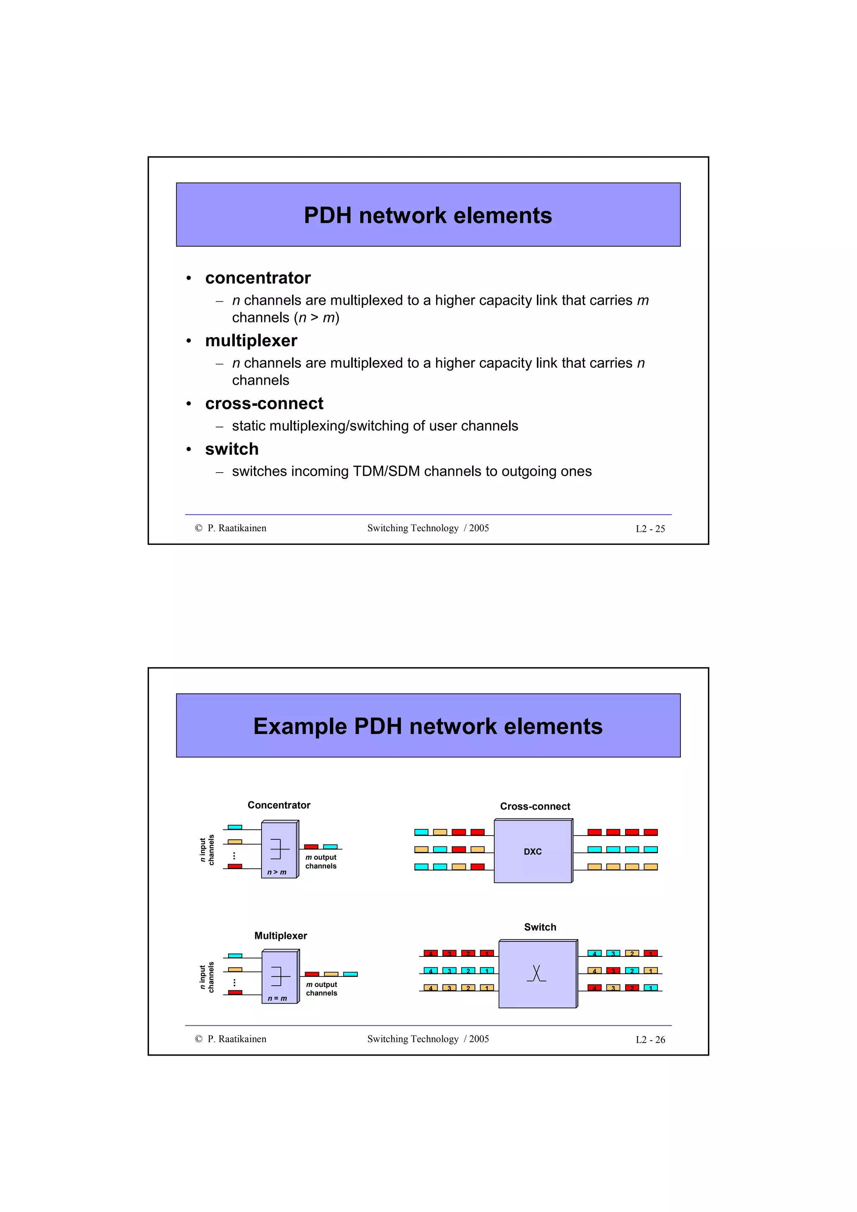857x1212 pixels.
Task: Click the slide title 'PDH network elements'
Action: point(428,215)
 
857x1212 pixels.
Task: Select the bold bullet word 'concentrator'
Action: point(258,278)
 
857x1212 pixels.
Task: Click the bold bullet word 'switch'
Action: point(232,449)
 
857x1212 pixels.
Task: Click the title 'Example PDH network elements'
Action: point(428,726)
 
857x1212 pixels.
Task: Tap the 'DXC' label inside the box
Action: point(532,851)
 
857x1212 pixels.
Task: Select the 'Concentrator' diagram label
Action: point(279,805)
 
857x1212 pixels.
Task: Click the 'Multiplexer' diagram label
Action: point(280,936)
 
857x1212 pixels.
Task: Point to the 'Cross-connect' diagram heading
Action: point(535,806)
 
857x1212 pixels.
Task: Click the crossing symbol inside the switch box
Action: point(536,973)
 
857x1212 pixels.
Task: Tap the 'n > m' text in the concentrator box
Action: point(277,872)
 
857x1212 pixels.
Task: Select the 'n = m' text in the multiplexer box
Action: point(277,998)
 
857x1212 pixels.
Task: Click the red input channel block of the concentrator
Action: point(235,866)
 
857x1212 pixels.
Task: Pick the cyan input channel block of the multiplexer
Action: point(235,956)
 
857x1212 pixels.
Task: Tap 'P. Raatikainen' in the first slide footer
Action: point(236,528)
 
